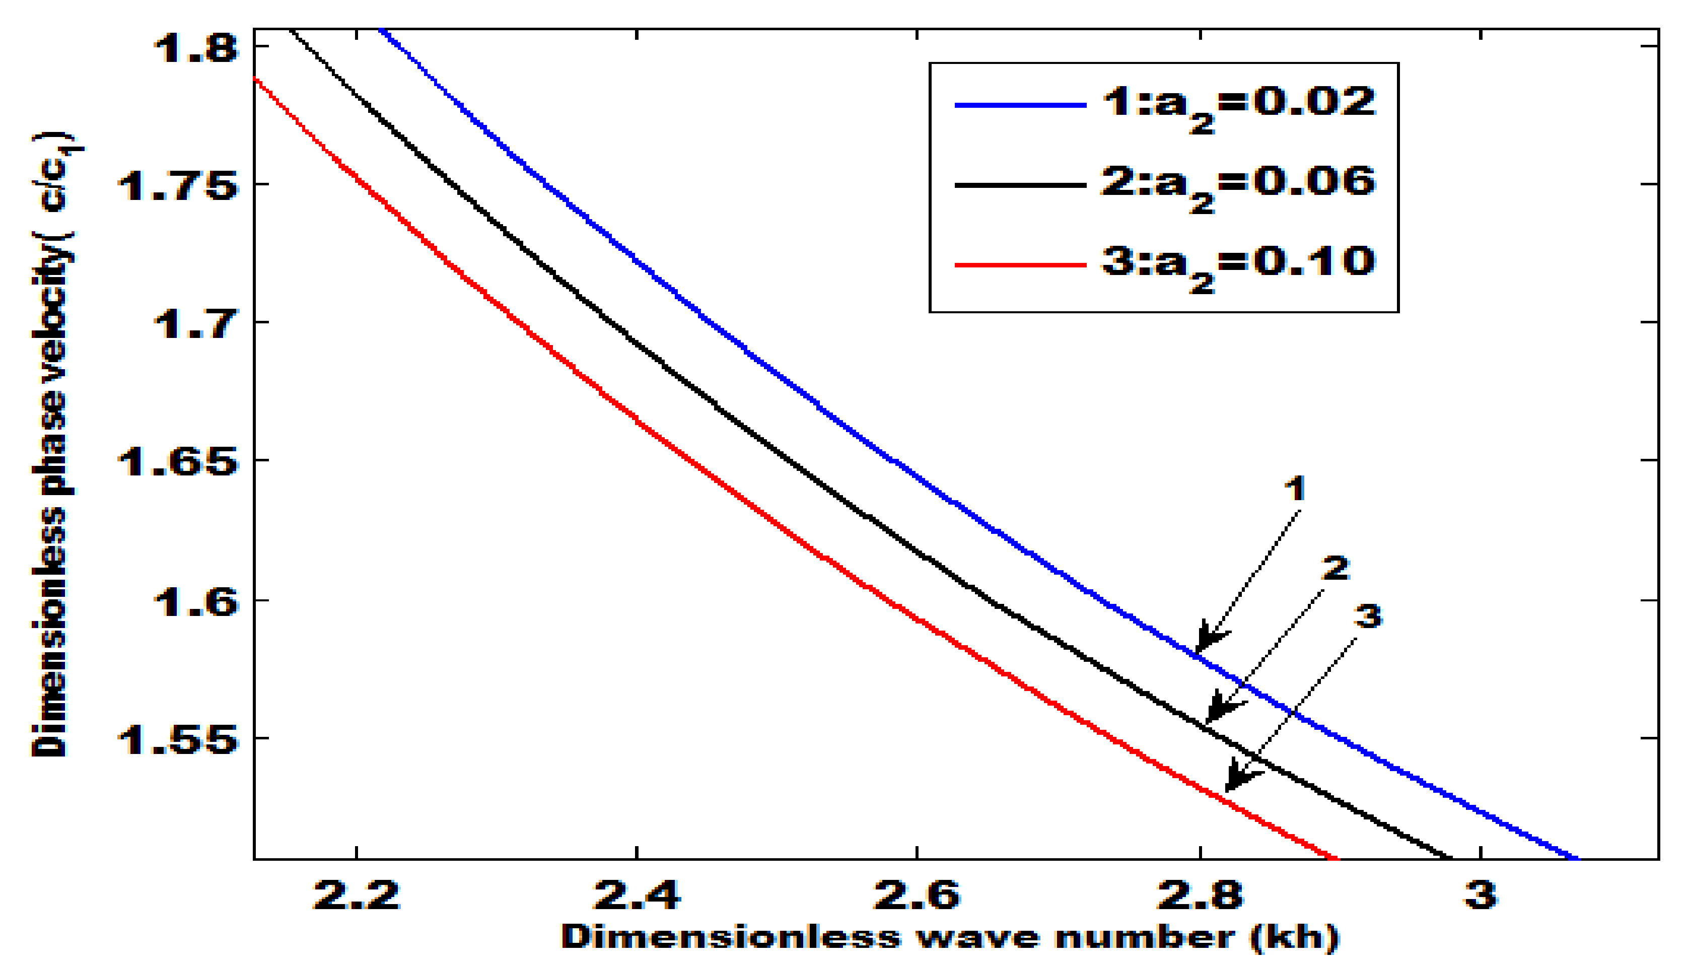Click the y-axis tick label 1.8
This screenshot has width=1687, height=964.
click(195, 48)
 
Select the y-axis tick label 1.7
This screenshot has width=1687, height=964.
click(195, 324)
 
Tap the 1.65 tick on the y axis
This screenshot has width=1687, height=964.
click(177, 461)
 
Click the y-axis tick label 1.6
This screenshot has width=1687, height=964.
click(195, 601)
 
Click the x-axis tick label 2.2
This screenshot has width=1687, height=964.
click(356, 894)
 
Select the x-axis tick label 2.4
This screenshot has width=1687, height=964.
click(636, 894)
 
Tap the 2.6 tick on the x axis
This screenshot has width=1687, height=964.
click(917, 894)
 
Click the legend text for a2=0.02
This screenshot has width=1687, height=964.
click(1238, 106)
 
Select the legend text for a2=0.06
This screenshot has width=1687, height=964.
click(1238, 185)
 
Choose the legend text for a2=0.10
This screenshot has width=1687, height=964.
click(1238, 265)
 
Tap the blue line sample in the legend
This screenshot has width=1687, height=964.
click(1020, 105)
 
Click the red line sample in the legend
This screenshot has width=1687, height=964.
click(1020, 265)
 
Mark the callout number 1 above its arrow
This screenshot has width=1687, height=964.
click(1295, 489)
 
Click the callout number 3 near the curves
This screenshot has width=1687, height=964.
click(1367, 616)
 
